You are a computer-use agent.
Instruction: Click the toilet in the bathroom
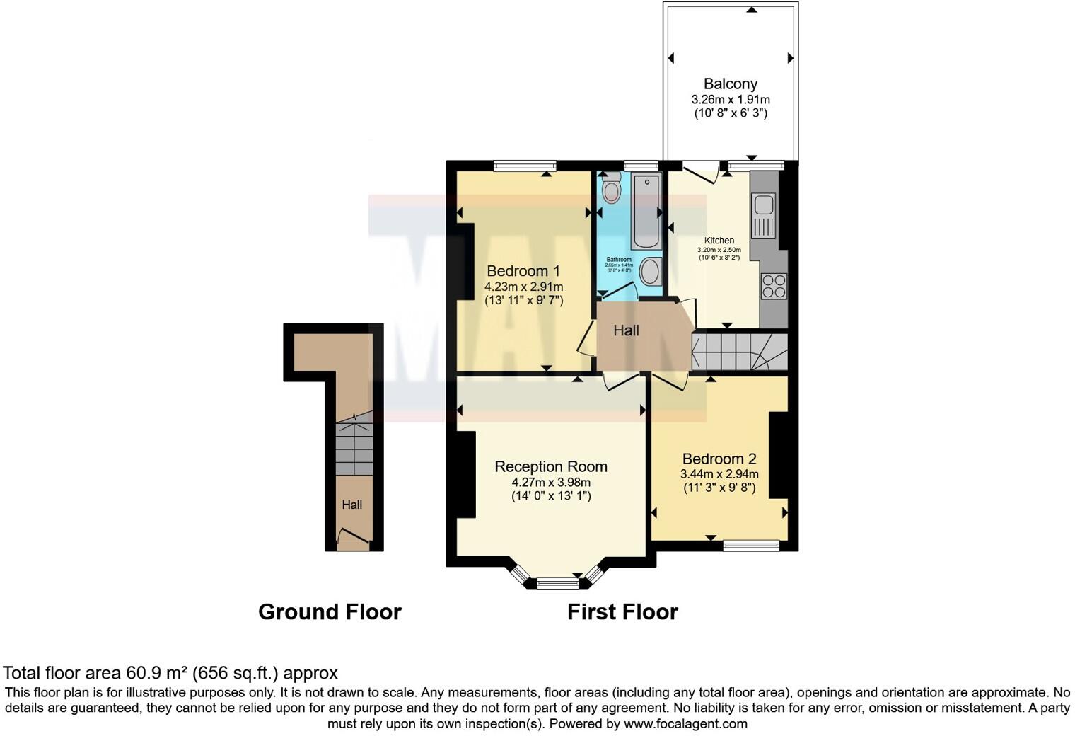point(611,189)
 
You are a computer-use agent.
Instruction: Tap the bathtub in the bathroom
point(645,212)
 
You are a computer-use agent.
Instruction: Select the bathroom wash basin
point(650,272)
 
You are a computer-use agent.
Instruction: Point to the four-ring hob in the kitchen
point(773,286)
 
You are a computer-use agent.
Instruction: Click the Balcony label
point(731,84)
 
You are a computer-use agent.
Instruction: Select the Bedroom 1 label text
point(523,271)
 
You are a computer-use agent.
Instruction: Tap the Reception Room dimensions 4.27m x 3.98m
point(551,482)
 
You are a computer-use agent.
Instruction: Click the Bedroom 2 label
point(719,459)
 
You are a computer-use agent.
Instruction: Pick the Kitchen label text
point(719,241)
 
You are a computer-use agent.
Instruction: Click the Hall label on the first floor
point(626,330)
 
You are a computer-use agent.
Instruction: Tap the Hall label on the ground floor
point(352,505)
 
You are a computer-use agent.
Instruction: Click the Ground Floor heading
point(330,611)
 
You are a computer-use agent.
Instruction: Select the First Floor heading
point(622,611)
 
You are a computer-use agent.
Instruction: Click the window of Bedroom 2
point(751,545)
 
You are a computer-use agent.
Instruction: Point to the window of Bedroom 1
point(525,166)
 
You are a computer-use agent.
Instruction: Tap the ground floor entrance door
point(353,542)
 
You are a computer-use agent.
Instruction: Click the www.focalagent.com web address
point(685,724)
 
